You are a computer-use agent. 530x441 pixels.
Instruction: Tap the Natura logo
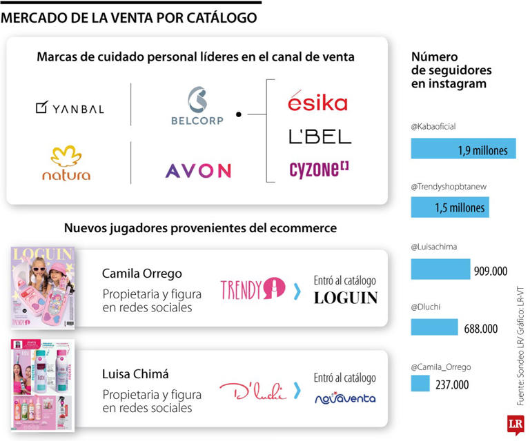click(66, 163)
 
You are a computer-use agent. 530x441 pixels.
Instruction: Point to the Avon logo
click(198, 170)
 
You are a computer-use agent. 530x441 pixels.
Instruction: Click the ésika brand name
click(317, 103)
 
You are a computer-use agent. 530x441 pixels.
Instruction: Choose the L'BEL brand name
click(320, 136)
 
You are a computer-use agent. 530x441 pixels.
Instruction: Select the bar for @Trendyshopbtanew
click(450, 207)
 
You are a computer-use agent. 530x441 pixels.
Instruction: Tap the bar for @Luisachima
click(440, 269)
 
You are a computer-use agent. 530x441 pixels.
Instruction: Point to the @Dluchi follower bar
click(434, 327)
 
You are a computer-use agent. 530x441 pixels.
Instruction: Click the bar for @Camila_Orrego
click(420, 383)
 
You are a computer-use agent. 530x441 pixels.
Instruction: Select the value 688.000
click(481, 329)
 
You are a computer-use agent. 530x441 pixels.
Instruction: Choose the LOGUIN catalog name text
click(346, 298)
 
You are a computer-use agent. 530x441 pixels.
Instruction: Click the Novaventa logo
click(345, 398)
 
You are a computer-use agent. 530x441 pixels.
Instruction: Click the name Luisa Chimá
click(135, 374)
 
